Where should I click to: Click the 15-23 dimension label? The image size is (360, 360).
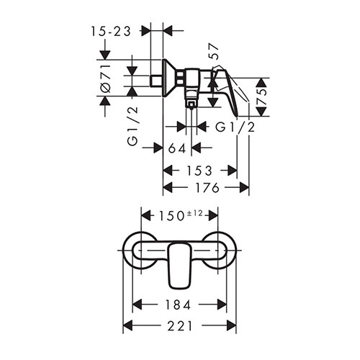111,32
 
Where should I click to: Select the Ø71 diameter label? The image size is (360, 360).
106,78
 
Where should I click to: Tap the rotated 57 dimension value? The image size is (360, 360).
214,51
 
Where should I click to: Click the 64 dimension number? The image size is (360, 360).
177,148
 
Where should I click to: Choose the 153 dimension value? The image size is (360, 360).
199,171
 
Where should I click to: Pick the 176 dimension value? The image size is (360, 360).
207,187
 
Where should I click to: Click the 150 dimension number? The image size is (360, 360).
171,216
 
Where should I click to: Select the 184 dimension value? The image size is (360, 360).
178,305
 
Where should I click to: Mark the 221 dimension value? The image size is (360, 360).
180,326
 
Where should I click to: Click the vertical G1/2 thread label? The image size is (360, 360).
133,125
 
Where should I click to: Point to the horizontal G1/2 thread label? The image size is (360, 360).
235,127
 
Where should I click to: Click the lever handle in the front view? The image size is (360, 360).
180,265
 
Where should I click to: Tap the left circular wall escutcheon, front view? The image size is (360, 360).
128,251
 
